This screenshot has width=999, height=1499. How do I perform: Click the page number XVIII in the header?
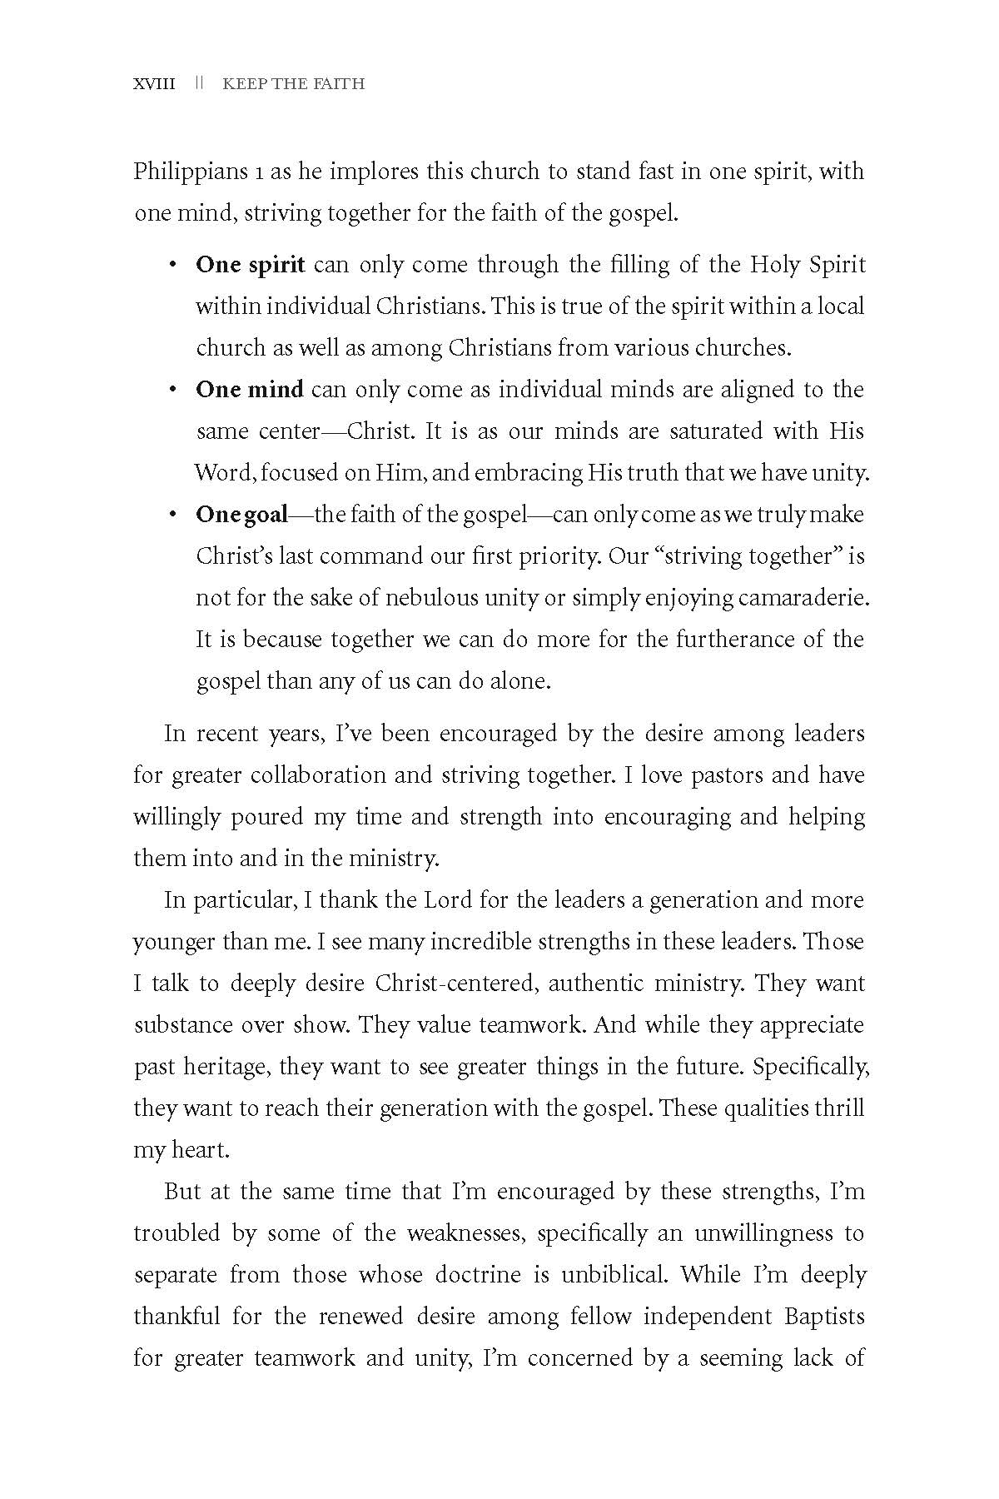(x=154, y=84)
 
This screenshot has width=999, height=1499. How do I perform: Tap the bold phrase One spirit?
(x=251, y=265)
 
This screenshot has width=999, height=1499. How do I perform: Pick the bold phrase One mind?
(x=250, y=390)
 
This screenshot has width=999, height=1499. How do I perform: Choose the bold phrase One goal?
(x=241, y=515)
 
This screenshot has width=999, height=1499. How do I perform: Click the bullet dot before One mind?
(x=172, y=390)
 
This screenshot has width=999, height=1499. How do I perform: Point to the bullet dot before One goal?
(x=172, y=515)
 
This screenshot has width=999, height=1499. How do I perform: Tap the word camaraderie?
(x=803, y=598)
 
